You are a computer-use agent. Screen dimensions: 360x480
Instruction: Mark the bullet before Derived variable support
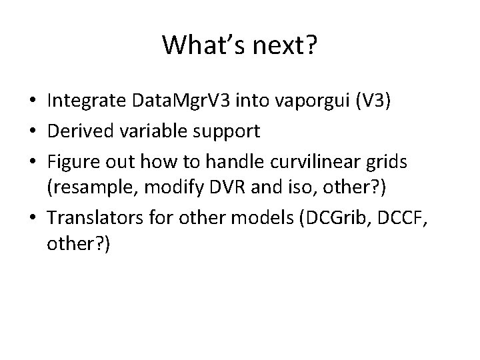33,131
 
